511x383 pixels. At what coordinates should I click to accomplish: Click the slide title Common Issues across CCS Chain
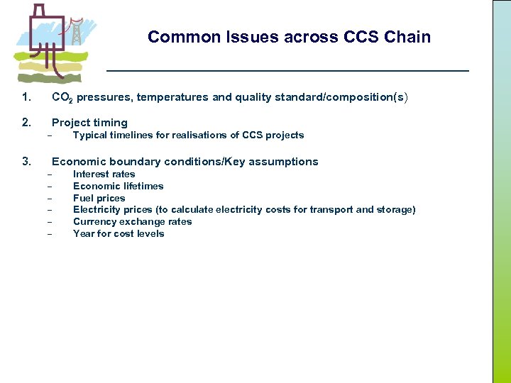(289, 37)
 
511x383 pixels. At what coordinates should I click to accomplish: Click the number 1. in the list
(26, 97)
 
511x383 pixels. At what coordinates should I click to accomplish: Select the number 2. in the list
(26, 123)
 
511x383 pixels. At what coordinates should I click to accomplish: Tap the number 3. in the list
(26, 162)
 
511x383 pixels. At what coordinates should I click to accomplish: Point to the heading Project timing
(89, 123)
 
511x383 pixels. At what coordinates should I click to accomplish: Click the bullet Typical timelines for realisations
(188, 135)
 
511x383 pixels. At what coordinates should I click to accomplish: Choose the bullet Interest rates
(104, 174)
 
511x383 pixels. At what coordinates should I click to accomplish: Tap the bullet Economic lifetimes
(118, 186)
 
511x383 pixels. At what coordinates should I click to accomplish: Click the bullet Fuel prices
(99, 198)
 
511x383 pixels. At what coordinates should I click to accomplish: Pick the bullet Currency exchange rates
(132, 221)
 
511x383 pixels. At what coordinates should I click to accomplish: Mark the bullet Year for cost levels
(119, 233)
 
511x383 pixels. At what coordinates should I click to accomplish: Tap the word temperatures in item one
(173, 97)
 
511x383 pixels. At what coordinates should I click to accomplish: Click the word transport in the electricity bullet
(336, 210)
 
